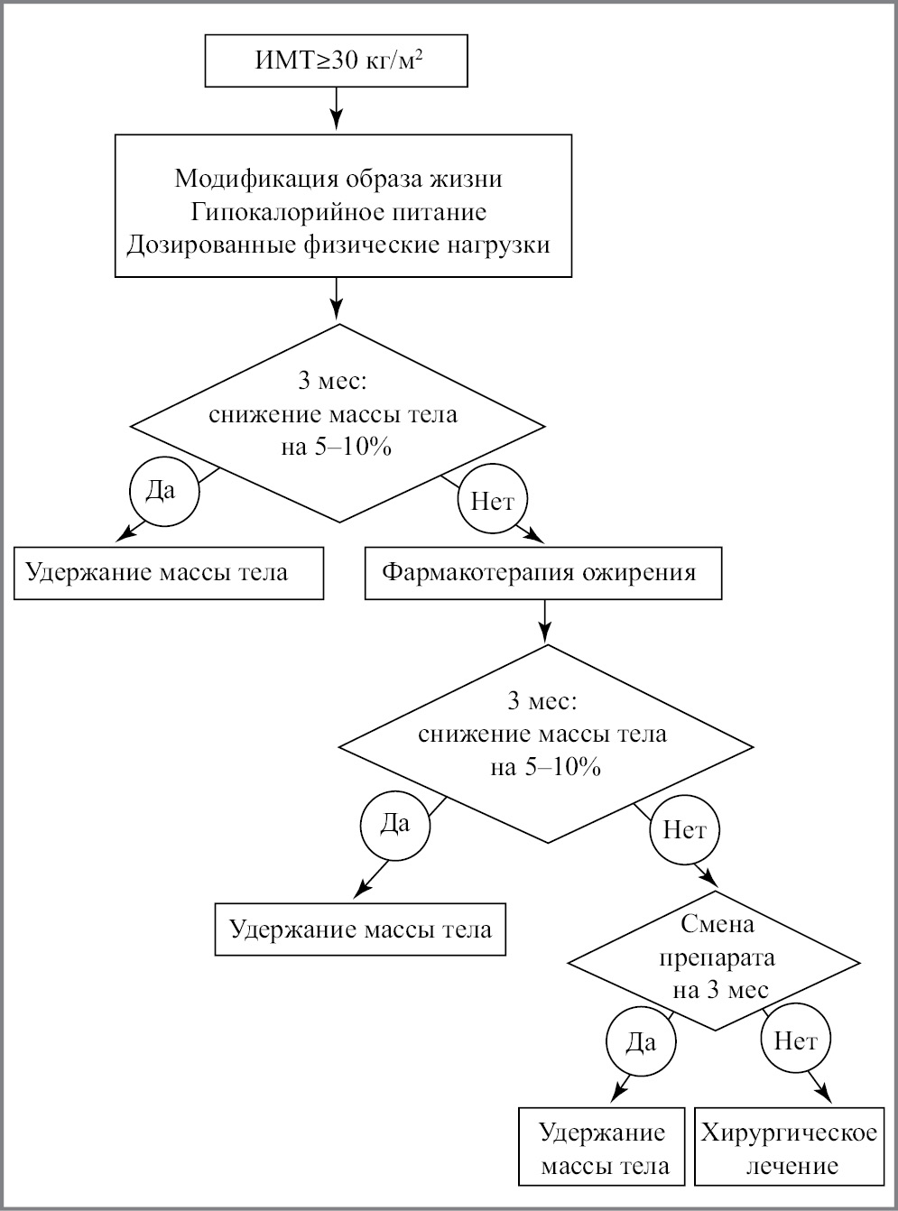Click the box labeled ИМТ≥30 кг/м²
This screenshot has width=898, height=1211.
337,61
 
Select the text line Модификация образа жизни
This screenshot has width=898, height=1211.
338,178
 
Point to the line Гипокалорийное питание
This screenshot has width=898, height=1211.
338,211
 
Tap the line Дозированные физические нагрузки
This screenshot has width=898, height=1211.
338,245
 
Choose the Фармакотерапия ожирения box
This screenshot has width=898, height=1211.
542,572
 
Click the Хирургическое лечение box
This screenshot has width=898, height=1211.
789,1147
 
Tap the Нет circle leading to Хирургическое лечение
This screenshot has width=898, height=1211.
795,1041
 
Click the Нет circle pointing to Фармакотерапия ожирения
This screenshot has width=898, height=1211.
492,501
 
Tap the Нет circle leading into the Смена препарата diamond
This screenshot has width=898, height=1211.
684,830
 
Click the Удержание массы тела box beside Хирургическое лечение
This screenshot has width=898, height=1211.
602,1147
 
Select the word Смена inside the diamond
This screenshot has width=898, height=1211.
717,924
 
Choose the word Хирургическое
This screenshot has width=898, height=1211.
789,1132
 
